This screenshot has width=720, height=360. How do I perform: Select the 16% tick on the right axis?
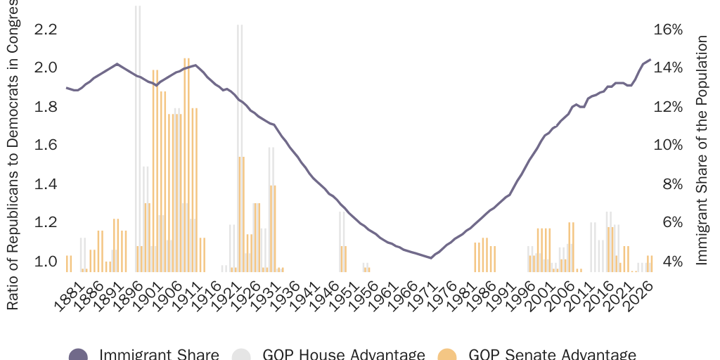point(668,30)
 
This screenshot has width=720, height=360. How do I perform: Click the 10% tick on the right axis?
point(668,146)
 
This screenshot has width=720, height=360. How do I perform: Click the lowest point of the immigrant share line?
point(431,258)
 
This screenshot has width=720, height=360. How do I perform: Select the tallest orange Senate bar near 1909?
point(186,162)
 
